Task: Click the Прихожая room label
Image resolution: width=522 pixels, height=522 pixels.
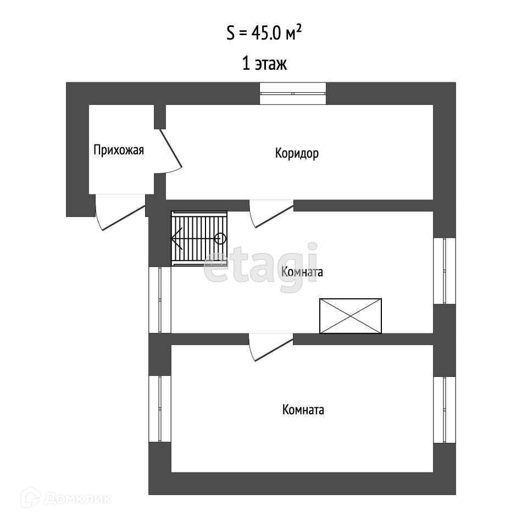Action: click(119, 150)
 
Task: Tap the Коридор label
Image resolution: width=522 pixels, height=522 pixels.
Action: click(297, 153)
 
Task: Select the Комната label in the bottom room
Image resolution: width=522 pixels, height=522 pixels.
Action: click(303, 410)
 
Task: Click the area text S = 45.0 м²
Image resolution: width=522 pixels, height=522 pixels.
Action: click(264, 34)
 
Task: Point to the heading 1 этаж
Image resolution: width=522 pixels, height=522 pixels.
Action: click(264, 64)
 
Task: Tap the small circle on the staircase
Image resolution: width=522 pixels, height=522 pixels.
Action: click(220, 238)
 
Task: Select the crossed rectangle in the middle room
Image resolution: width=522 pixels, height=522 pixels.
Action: click(351, 316)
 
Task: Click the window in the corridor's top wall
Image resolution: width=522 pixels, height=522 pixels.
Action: click(293, 93)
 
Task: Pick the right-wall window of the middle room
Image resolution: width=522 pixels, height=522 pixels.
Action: click(444, 271)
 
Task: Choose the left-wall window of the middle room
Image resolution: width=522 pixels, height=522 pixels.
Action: click(160, 300)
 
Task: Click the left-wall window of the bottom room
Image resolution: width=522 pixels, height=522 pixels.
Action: click(160, 409)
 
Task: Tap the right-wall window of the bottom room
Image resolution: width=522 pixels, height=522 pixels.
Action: click(444, 409)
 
